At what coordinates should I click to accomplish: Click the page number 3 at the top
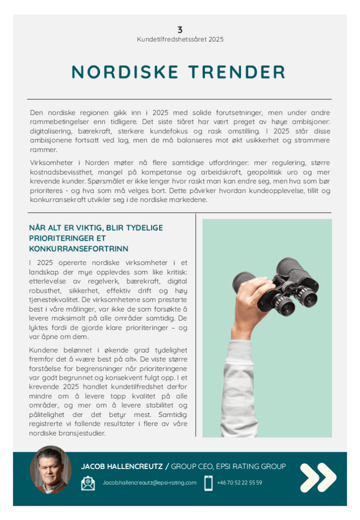pyautogui.click(x=180, y=30)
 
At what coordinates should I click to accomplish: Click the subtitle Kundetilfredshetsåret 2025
pyautogui.click(x=180, y=39)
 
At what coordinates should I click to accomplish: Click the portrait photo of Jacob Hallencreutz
pyautogui.click(x=50, y=470)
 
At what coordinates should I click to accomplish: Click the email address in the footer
pyautogui.click(x=149, y=483)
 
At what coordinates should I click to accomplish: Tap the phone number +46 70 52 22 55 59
pyautogui.click(x=239, y=483)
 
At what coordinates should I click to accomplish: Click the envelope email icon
pyautogui.click(x=88, y=483)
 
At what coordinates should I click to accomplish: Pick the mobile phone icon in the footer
pyautogui.click(x=209, y=483)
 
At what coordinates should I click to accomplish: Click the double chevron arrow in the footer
pyautogui.click(x=318, y=477)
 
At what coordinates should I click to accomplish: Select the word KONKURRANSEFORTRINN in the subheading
pyautogui.click(x=79, y=249)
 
